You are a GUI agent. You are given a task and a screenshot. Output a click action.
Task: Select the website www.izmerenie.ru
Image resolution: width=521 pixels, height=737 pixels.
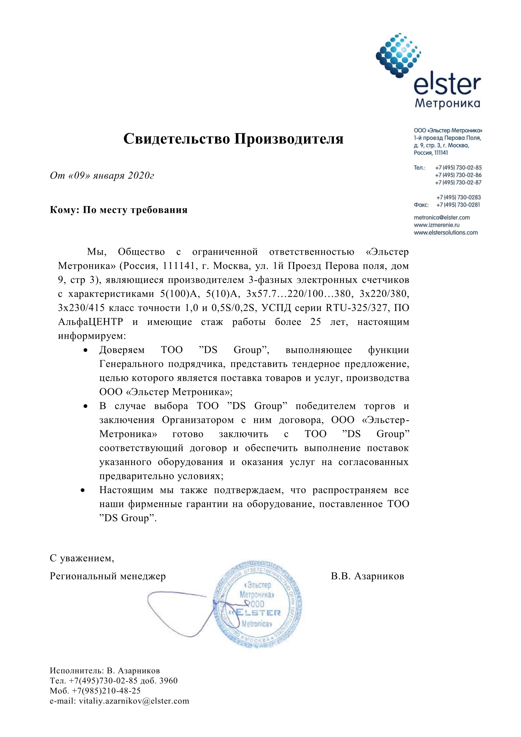coord(437,225)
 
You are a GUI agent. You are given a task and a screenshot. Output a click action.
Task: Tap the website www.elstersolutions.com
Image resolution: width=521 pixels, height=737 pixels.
coord(446,232)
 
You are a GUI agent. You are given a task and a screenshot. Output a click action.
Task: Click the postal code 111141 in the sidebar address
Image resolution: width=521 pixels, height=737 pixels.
coord(441,153)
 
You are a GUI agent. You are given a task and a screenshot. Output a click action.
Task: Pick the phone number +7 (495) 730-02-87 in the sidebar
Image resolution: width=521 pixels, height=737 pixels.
coord(458,182)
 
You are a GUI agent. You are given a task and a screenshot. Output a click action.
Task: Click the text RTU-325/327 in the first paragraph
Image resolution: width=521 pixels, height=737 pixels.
coord(357,308)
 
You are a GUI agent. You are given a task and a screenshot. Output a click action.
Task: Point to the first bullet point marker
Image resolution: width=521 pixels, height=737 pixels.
coord(85,350)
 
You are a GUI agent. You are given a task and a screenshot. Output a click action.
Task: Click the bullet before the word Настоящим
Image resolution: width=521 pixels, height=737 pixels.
coord(83,491)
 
